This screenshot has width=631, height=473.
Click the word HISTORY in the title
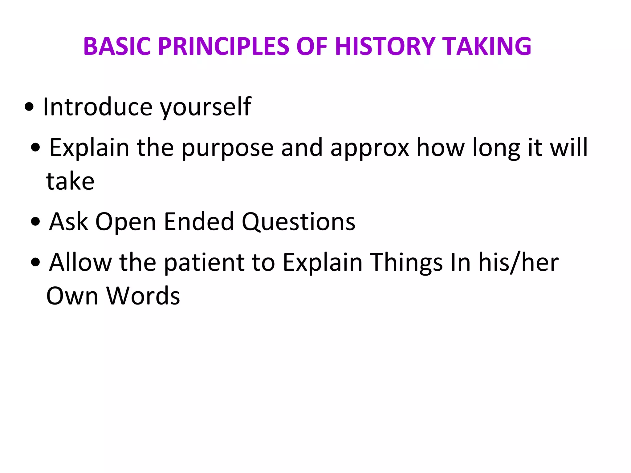pyautogui.click(x=385, y=46)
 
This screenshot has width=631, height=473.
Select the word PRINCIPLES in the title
pyautogui.click(x=223, y=46)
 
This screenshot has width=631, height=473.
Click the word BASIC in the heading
pyautogui.click(x=117, y=46)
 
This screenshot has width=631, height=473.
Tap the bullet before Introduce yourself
pyautogui.click(x=29, y=107)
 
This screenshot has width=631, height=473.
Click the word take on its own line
pyautogui.click(x=70, y=182)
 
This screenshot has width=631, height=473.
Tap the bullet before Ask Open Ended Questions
pyautogui.click(x=36, y=221)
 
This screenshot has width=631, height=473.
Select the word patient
pyautogui.click(x=204, y=263)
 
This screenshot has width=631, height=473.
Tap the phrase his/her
pyautogui.click(x=518, y=263)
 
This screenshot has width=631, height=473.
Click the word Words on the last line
pyautogui.click(x=143, y=296)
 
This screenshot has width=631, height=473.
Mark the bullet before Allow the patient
pyautogui.click(x=36, y=262)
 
